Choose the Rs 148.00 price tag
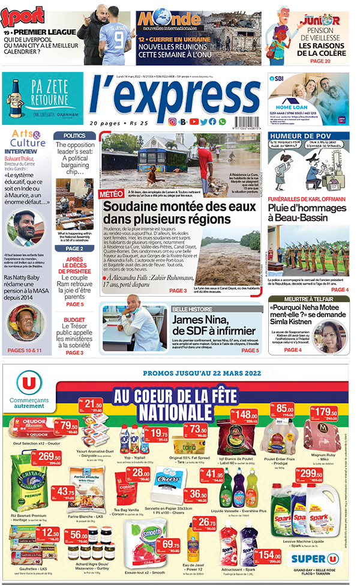click(245, 415)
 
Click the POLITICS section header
click(74, 136)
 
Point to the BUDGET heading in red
click(74, 320)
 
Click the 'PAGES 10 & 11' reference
click(25, 350)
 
